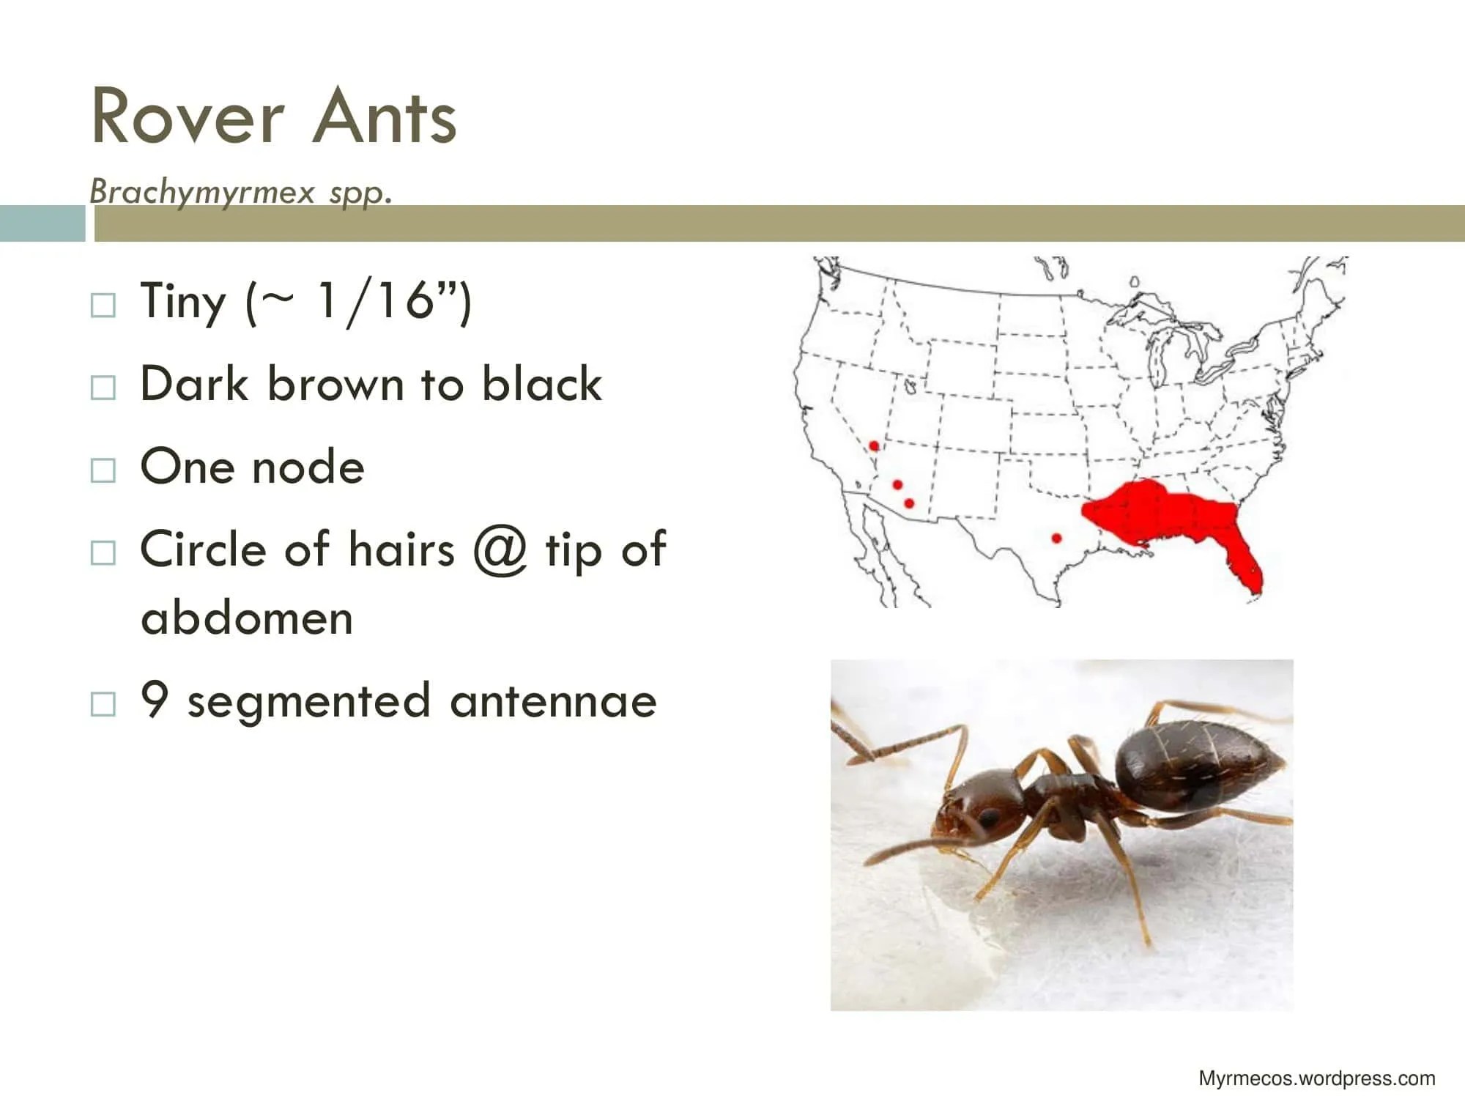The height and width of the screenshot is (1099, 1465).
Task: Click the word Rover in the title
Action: tap(188, 117)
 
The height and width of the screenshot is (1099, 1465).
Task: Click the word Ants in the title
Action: tap(385, 117)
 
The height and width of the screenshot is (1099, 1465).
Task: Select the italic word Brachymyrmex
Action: tap(202, 192)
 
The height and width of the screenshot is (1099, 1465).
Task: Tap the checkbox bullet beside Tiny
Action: tap(103, 305)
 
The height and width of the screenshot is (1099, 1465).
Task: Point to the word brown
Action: tap(335, 384)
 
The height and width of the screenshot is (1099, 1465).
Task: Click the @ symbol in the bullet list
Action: tap(500, 549)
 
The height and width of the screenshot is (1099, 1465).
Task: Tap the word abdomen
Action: tap(247, 618)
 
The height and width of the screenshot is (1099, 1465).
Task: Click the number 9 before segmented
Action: tap(155, 700)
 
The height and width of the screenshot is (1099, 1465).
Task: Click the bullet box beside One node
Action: tap(103, 470)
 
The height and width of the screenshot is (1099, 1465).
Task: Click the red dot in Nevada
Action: tap(874, 445)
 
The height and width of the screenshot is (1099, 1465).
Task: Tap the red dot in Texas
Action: tap(1056, 538)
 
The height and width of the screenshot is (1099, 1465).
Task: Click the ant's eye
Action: tap(988, 816)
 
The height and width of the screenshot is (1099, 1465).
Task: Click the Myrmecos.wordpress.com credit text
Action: tap(1316, 1078)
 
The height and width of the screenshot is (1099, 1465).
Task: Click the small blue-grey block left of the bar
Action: tap(42, 223)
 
